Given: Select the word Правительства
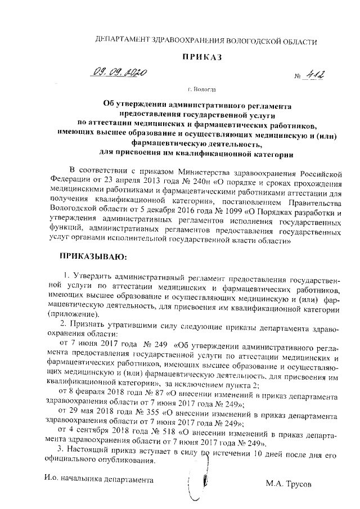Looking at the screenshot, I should tap(309, 202).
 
